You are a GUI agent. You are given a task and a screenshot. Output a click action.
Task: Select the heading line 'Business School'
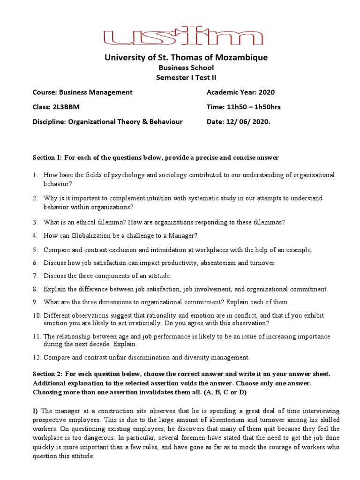click(x=180, y=68)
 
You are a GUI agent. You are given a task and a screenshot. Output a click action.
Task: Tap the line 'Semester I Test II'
click(x=180, y=78)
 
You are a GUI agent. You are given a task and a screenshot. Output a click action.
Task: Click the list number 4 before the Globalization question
click(x=35, y=235)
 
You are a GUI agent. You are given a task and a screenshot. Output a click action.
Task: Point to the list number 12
click(x=37, y=358)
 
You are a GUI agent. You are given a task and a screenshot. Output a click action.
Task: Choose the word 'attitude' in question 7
click(x=158, y=276)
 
